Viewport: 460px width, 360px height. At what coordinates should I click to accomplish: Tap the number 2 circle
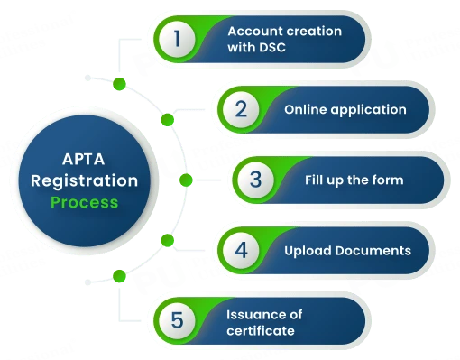pyautogui.click(x=241, y=109)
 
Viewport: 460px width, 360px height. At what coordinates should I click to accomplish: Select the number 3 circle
pyautogui.click(x=256, y=180)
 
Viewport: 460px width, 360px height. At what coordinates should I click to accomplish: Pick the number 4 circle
pyautogui.click(x=241, y=249)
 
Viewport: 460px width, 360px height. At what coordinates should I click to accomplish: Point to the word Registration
pyautogui.click(x=84, y=180)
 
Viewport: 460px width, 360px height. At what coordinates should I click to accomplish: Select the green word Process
pyautogui.click(x=84, y=202)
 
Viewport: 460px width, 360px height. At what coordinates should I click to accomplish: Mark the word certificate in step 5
pyautogui.click(x=261, y=329)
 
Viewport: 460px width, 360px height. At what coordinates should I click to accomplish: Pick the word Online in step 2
pyautogui.click(x=305, y=109)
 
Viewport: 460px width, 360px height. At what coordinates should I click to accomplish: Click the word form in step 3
pyautogui.click(x=388, y=180)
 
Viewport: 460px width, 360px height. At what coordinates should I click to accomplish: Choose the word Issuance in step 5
pyautogui.click(x=251, y=312)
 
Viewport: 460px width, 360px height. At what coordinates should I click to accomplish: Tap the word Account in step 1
pyautogui.click(x=253, y=31)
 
